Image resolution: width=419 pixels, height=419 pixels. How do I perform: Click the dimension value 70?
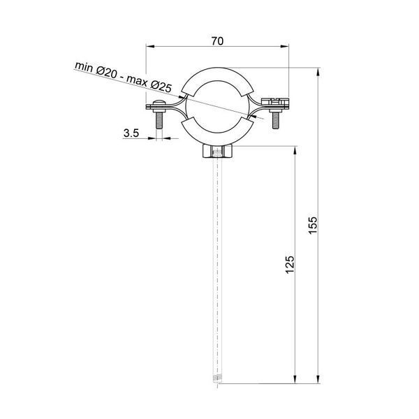click(217, 41)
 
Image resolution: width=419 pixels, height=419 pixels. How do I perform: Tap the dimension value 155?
click(313, 226)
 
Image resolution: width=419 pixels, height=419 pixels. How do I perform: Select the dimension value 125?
click(290, 265)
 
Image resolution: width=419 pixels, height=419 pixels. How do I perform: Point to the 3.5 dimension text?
click(131, 133)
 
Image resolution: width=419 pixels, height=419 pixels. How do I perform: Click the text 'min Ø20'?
click(96, 70)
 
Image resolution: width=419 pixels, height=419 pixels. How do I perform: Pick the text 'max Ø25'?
click(149, 84)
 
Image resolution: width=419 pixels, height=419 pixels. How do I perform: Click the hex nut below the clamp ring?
click(217, 152)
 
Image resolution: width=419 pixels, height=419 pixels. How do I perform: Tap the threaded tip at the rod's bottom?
click(217, 379)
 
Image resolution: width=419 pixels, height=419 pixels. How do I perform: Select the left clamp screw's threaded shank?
click(159, 119)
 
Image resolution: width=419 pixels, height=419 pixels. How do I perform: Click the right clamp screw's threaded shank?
click(276, 120)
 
